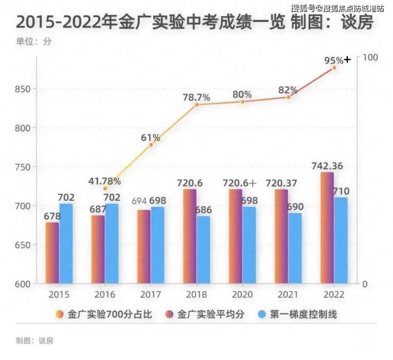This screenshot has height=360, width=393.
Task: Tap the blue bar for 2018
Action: pyautogui.click(x=203, y=250)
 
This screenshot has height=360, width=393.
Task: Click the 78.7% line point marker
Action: pyautogui.click(x=196, y=105)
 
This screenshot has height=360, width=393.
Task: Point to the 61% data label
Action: pyautogui.click(x=150, y=138)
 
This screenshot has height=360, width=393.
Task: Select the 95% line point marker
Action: pyautogui.click(x=335, y=67)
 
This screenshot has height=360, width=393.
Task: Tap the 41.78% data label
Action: pyautogui.click(x=104, y=181)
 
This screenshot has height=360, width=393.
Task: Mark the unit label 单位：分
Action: pyautogui.click(x=33, y=41)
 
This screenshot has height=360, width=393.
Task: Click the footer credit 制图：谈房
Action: pyautogui.click(x=35, y=340)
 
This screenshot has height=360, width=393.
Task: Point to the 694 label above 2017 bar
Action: pyautogui.click(x=138, y=201)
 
